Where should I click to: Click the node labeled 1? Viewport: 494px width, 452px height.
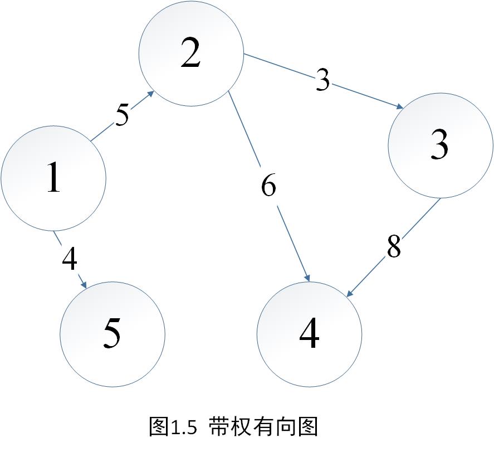pos(53,178)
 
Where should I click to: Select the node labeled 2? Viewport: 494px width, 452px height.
pos(190,54)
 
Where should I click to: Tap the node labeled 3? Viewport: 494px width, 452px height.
pos(440,146)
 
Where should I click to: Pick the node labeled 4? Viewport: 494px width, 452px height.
pos(309,334)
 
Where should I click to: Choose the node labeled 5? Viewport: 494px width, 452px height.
pos(113,334)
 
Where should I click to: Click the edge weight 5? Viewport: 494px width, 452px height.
pos(122,115)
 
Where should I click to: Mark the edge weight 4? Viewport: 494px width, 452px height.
pos(69,259)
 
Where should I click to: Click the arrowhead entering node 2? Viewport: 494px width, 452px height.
pos(151,95)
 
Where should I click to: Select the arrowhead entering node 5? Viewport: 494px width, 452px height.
pos(85,285)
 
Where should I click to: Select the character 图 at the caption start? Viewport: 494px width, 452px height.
pos(160,427)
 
